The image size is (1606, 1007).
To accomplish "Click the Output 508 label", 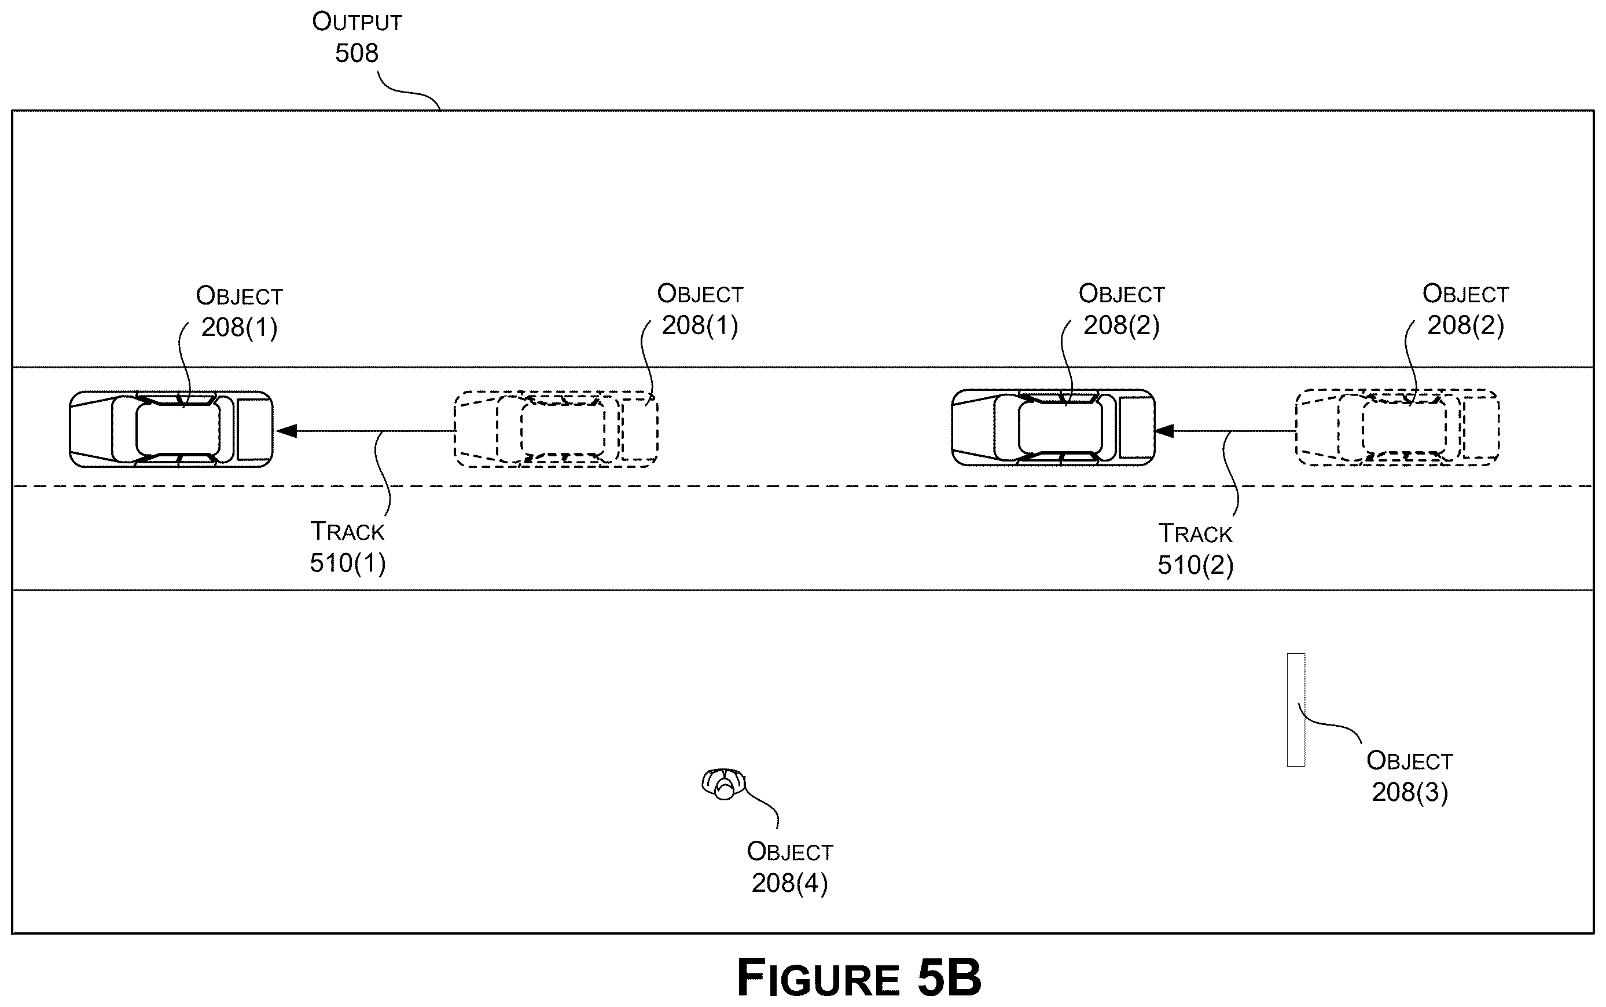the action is coord(357,37).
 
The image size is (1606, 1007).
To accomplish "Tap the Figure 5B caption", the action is coord(859,977).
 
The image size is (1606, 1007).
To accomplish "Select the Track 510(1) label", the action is coord(347,547).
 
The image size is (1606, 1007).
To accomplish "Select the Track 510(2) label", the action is coord(1195,550).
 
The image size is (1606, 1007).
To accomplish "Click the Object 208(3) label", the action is coord(1410,777).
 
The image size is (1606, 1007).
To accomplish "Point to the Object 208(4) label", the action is coord(790,867).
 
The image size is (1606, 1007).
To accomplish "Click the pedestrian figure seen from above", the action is coord(723,784).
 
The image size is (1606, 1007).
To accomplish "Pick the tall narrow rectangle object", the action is coord(1296,709).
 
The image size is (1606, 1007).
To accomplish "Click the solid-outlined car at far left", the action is coord(171,429).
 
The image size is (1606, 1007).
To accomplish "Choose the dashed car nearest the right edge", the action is coord(1398,427).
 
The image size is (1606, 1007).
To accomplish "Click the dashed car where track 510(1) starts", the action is coord(556,429).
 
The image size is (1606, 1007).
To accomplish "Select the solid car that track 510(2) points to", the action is coord(1053,427).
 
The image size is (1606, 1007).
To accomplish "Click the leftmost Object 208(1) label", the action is coord(240,311).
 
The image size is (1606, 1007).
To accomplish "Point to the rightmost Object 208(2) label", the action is coord(1465,310).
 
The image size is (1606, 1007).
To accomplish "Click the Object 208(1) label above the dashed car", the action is coord(700,310).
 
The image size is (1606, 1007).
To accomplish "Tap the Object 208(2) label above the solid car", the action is coord(1122,310).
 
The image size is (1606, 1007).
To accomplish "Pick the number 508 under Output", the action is coord(357,53).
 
